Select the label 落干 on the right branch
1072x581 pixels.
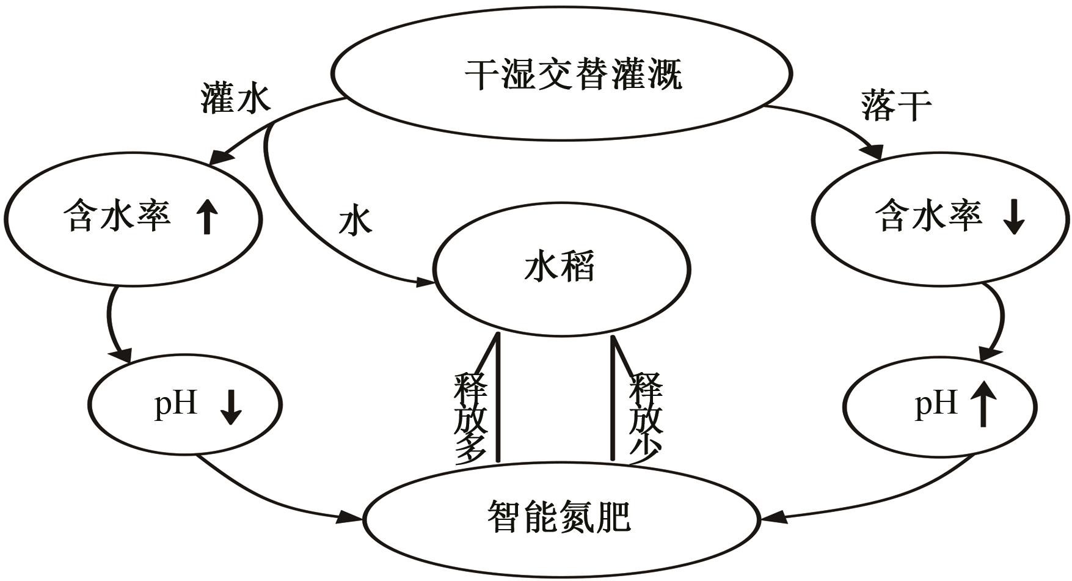[x=896, y=105]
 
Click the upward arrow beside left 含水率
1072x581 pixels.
[x=208, y=217]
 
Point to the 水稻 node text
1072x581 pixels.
[x=559, y=267]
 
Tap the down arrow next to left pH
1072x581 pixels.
[x=232, y=407]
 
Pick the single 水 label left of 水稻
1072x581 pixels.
[x=355, y=221]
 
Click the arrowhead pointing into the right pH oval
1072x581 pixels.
[x=990, y=354]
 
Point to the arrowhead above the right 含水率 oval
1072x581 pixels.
[x=875, y=152]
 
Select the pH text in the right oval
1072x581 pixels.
[x=936, y=404]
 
